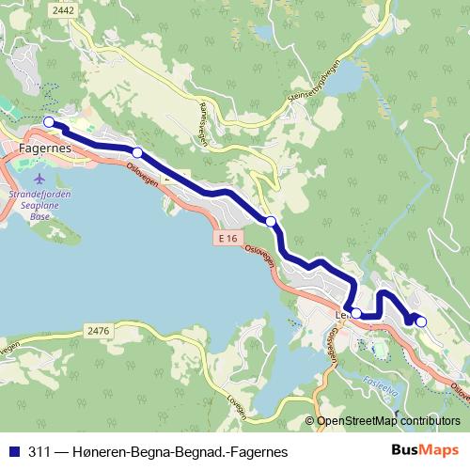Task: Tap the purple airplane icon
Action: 39,178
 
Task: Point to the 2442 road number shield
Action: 64,9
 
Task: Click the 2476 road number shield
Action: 97,330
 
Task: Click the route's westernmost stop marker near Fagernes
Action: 49,121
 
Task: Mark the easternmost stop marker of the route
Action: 420,322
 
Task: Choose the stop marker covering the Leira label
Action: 356,313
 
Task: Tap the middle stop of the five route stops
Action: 271,221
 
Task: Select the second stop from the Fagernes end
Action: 137,152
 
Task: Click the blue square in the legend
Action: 11,450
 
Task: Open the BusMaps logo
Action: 424,450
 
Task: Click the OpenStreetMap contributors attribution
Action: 389,421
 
